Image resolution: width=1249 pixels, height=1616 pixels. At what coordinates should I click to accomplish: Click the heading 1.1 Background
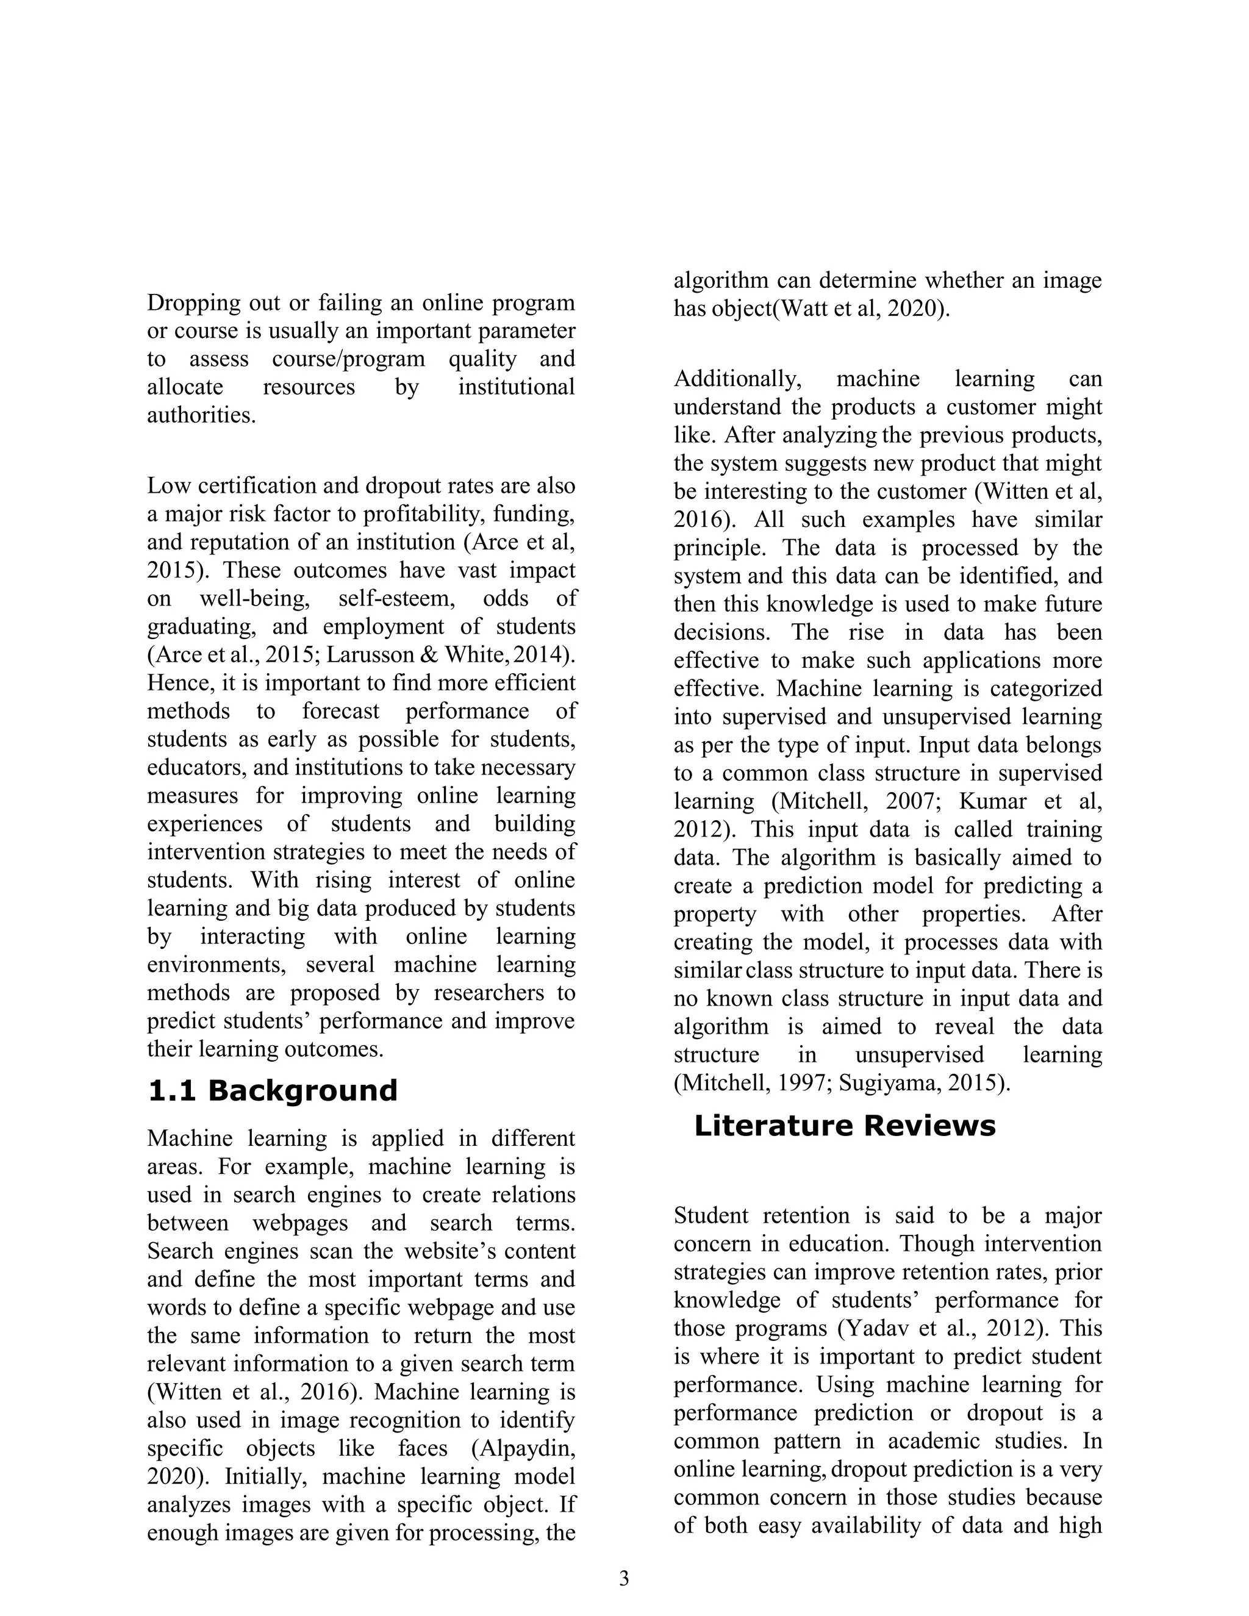point(272,1091)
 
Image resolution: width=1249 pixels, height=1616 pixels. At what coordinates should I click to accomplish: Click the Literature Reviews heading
point(844,1126)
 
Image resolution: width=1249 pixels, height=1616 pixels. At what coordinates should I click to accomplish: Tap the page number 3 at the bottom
point(624,1578)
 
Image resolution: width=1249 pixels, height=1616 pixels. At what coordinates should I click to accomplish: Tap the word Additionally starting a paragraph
point(737,379)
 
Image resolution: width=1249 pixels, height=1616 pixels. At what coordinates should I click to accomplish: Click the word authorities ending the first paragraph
point(201,415)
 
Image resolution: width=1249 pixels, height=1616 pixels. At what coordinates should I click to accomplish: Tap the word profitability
point(428,514)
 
